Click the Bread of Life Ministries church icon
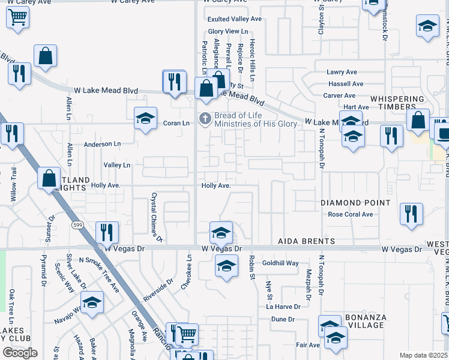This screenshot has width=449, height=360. tap(205, 119)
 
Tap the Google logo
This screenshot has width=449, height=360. tap(20, 352)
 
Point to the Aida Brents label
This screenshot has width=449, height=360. tap(306, 241)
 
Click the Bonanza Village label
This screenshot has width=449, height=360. tap(365, 321)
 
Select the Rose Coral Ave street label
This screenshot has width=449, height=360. tap(351, 214)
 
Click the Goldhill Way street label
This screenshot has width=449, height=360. tap(280, 263)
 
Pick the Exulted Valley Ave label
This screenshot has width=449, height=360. tap(235, 19)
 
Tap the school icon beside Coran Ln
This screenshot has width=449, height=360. tap(145, 119)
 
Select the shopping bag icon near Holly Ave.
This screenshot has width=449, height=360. tap(49, 178)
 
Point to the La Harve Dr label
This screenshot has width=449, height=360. tap(283, 307)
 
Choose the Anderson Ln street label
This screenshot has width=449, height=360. tap(102, 144)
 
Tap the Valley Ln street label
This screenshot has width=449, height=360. tap(116, 165)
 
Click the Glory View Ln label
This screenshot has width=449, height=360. tap(228, 31)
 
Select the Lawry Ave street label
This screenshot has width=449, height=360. tap(342, 72)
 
